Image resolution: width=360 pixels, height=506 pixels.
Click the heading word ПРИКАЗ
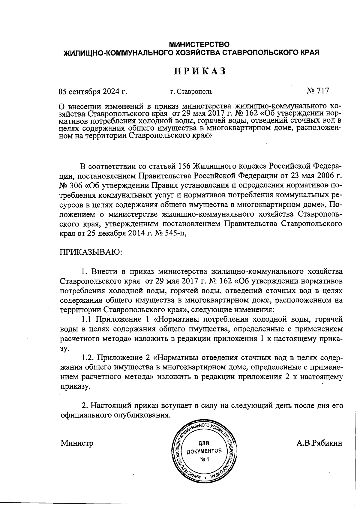coord(200,71)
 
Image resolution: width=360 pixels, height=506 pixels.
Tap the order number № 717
coord(318,91)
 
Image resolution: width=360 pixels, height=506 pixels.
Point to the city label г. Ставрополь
coord(191,91)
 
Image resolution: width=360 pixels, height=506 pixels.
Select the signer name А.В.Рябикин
coord(319,443)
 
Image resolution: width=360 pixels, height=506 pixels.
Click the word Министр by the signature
coord(77,443)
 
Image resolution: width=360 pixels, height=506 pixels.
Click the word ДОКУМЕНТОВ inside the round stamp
coord(204,451)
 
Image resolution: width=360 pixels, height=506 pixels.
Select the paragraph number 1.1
coord(88,319)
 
